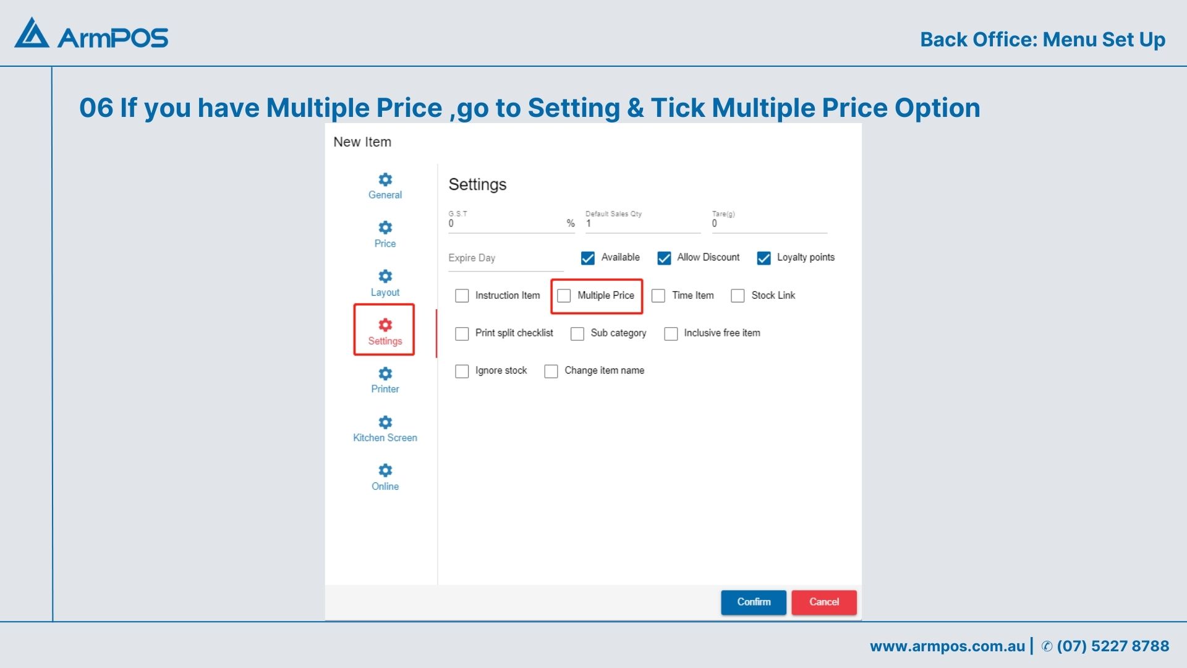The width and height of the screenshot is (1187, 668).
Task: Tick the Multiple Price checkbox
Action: click(564, 296)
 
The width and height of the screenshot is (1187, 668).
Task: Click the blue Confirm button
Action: click(754, 602)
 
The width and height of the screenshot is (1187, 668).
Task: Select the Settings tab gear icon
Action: click(385, 325)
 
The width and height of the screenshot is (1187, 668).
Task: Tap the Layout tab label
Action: click(385, 292)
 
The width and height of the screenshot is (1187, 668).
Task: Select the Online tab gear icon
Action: click(385, 470)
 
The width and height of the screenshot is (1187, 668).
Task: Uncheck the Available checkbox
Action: click(588, 258)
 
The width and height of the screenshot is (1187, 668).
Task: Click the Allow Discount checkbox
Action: click(664, 258)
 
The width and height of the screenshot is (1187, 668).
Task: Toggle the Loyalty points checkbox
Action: click(764, 258)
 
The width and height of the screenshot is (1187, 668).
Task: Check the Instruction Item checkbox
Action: click(462, 296)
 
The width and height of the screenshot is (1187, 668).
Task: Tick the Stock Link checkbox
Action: click(738, 296)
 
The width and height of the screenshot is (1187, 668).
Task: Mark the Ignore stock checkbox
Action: click(462, 371)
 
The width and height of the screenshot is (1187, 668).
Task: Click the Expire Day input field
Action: click(506, 259)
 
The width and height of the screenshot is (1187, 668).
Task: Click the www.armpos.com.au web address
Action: click(947, 646)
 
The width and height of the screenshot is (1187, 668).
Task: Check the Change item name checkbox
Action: click(551, 371)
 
